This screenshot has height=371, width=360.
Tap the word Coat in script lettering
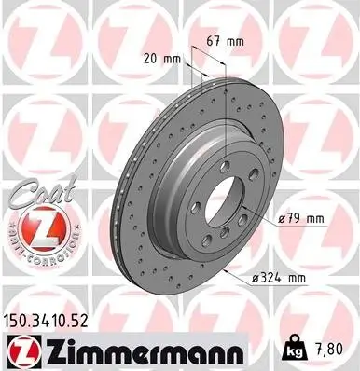pos(28,190)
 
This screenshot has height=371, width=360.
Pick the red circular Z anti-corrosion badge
pos(32,229)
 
